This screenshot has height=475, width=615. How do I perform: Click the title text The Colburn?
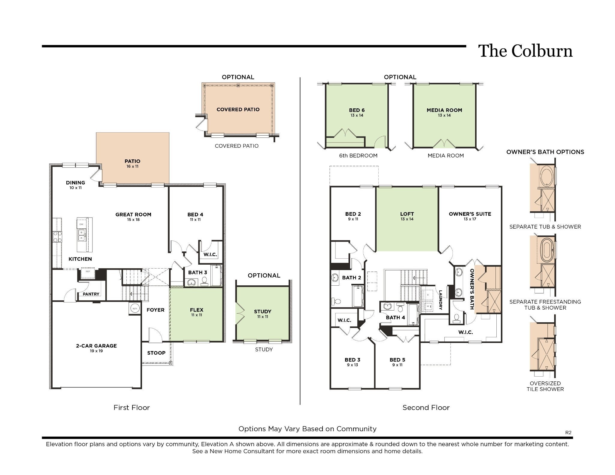point(525,51)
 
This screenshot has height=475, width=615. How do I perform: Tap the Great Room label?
point(133,215)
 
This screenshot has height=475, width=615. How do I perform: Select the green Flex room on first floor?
point(197,312)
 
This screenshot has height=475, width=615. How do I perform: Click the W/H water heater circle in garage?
point(135,308)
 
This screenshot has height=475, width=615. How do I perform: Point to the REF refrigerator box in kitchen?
point(88,272)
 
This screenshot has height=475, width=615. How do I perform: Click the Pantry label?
point(91,294)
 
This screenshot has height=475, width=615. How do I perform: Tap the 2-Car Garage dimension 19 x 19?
point(96,351)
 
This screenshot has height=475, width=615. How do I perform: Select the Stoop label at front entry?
point(156,353)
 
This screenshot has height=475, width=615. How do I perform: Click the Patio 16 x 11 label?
point(132,164)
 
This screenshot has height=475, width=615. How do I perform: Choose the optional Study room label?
point(262,311)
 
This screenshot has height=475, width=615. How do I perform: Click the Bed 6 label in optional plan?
point(357,110)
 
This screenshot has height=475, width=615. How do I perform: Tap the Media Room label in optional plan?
point(444,110)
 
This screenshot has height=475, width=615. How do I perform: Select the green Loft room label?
point(407,214)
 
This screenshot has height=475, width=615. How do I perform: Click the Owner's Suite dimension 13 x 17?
point(470,219)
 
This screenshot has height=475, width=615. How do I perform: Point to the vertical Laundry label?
point(441,300)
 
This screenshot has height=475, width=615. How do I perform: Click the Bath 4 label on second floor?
point(395,317)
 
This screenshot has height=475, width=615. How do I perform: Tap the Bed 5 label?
point(397,360)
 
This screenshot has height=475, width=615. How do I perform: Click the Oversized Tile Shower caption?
point(545,386)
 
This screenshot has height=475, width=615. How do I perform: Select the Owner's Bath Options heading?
point(545,152)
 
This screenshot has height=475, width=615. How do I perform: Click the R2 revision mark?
point(568,432)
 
